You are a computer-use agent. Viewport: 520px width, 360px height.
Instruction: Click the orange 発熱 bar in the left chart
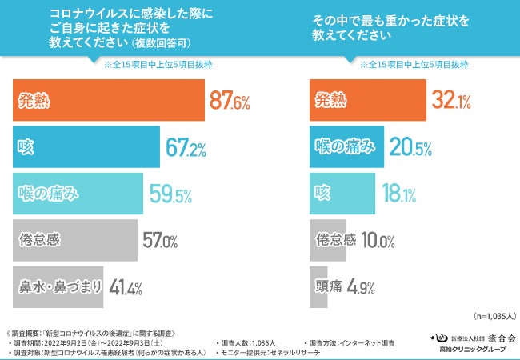(108, 102)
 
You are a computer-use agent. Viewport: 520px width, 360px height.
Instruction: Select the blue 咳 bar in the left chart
(86, 147)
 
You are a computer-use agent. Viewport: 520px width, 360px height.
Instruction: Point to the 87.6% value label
(230, 102)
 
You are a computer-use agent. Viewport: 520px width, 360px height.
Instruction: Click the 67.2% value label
(187, 147)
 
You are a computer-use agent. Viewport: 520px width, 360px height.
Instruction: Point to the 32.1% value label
(452, 102)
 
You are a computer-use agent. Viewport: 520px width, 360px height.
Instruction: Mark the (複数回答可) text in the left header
(161, 42)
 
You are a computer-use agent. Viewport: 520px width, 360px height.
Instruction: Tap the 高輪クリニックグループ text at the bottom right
(472, 350)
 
